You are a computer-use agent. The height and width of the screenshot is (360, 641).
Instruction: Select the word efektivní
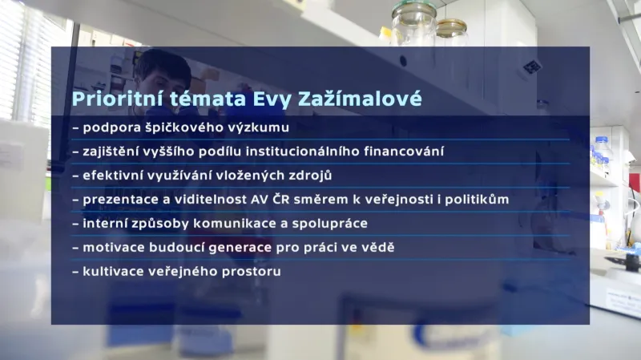114,175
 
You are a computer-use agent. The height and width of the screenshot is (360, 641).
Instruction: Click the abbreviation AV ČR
268,199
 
